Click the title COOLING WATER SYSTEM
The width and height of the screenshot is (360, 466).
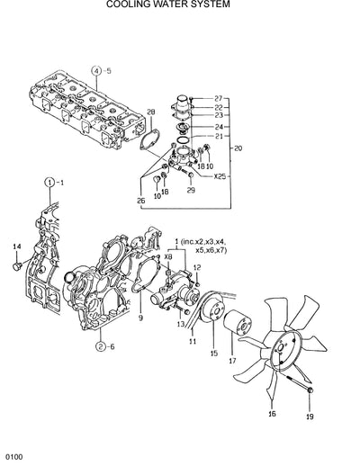(x=180, y=4)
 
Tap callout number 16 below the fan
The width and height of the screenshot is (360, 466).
(x=272, y=414)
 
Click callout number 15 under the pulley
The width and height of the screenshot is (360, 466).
(x=213, y=354)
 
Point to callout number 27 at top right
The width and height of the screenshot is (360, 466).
(x=218, y=97)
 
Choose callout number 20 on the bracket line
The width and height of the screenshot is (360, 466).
(x=238, y=148)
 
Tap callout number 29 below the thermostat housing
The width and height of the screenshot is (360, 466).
(x=190, y=190)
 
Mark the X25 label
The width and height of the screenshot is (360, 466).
(x=220, y=175)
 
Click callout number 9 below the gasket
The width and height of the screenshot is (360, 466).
(x=140, y=318)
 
